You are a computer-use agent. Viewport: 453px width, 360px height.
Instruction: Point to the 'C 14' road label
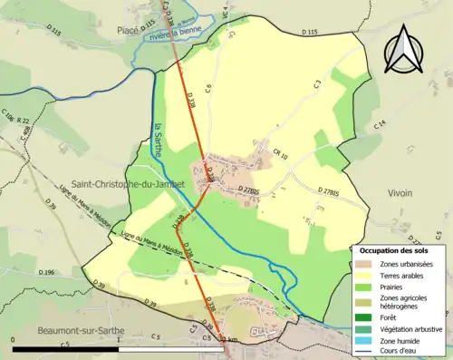pyautogui.click(x=380, y=123)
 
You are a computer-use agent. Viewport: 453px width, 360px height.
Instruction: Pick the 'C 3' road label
pyautogui.click(x=317, y=84)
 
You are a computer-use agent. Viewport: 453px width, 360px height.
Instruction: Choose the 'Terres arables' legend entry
pyautogui.click(x=402, y=274)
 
